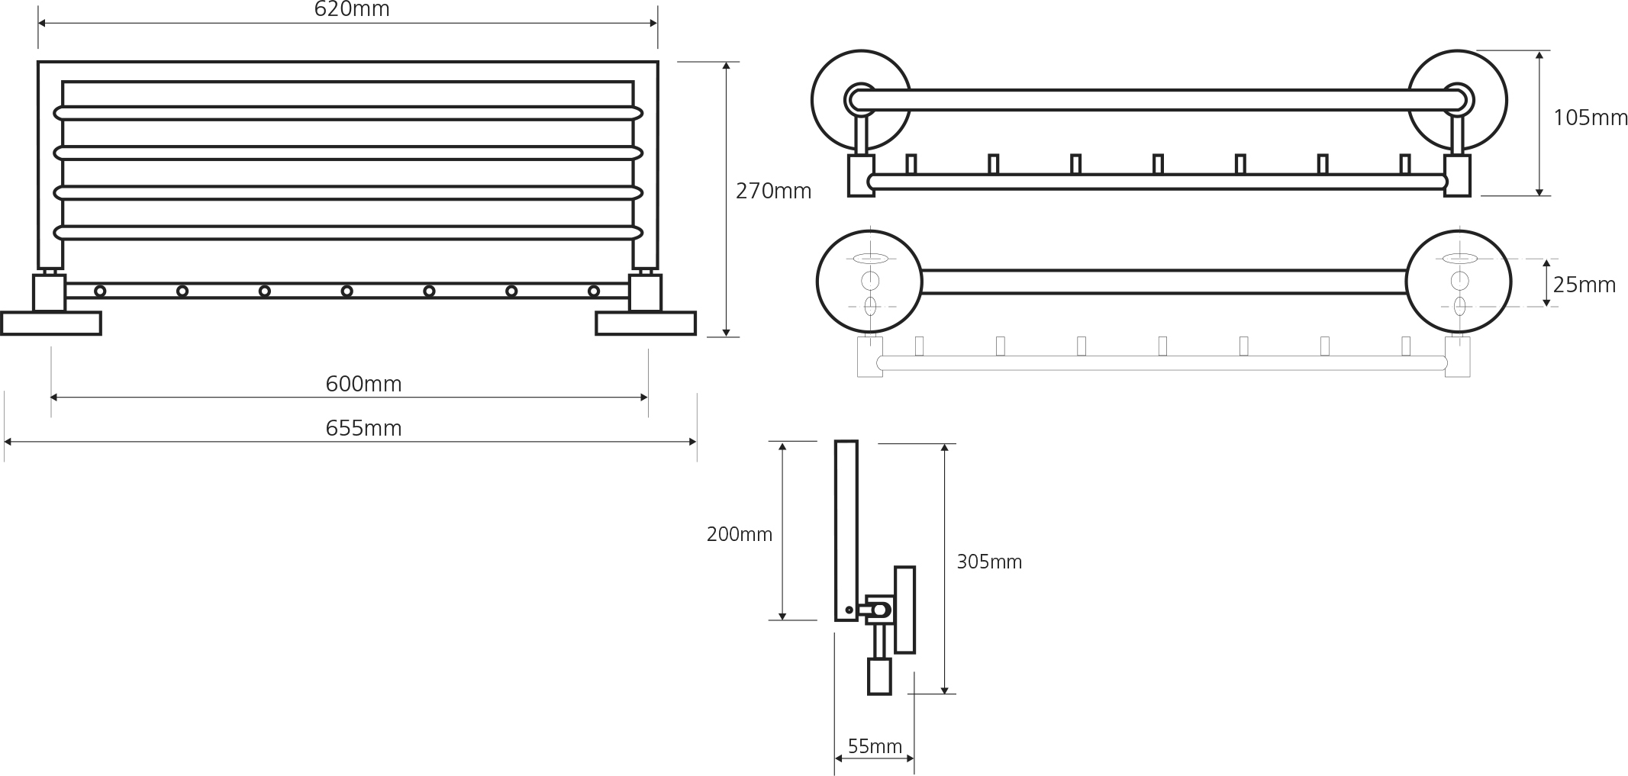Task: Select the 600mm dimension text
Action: pyautogui.click(x=363, y=384)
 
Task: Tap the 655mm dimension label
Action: pyautogui.click(x=363, y=429)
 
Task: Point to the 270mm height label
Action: pyautogui.click(x=773, y=192)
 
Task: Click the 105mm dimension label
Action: pyautogui.click(x=1590, y=118)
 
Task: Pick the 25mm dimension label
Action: pyautogui.click(x=1584, y=285)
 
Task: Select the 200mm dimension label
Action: pyautogui.click(x=739, y=535)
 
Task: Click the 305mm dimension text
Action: pyautogui.click(x=988, y=562)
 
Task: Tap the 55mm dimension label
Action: pyautogui.click(x=874, y=746)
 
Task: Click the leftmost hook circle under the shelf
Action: pyautogui.click(x=100, y=291)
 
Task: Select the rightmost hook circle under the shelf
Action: pyautogui.click(x=594, y=291)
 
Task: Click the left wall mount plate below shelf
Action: pyautogui.click(x=51, y=324)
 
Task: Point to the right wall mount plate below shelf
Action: pyautogui.click(x=645, y=324)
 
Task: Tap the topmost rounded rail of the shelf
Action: pyautogui.click(x=348, y=114)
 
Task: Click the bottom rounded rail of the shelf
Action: pyautogui.click(x=348, y=233)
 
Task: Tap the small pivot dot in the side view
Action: pyautogui.click(x=849, y=610)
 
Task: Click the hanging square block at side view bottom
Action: pyautogui.click(x=879, y=676)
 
